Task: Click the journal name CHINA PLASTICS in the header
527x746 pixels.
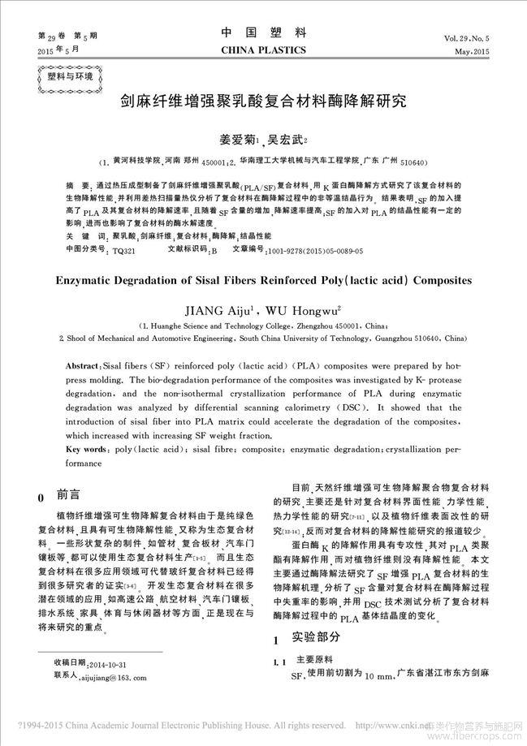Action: [x=264, y=50]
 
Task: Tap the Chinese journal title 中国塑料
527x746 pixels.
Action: [x=264, y=32]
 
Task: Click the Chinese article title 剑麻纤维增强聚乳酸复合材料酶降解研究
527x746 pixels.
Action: [x=263, y=104]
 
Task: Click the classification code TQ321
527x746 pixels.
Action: [x=123, y=252]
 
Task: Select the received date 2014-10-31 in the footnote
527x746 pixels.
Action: [x=102, y=663]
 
